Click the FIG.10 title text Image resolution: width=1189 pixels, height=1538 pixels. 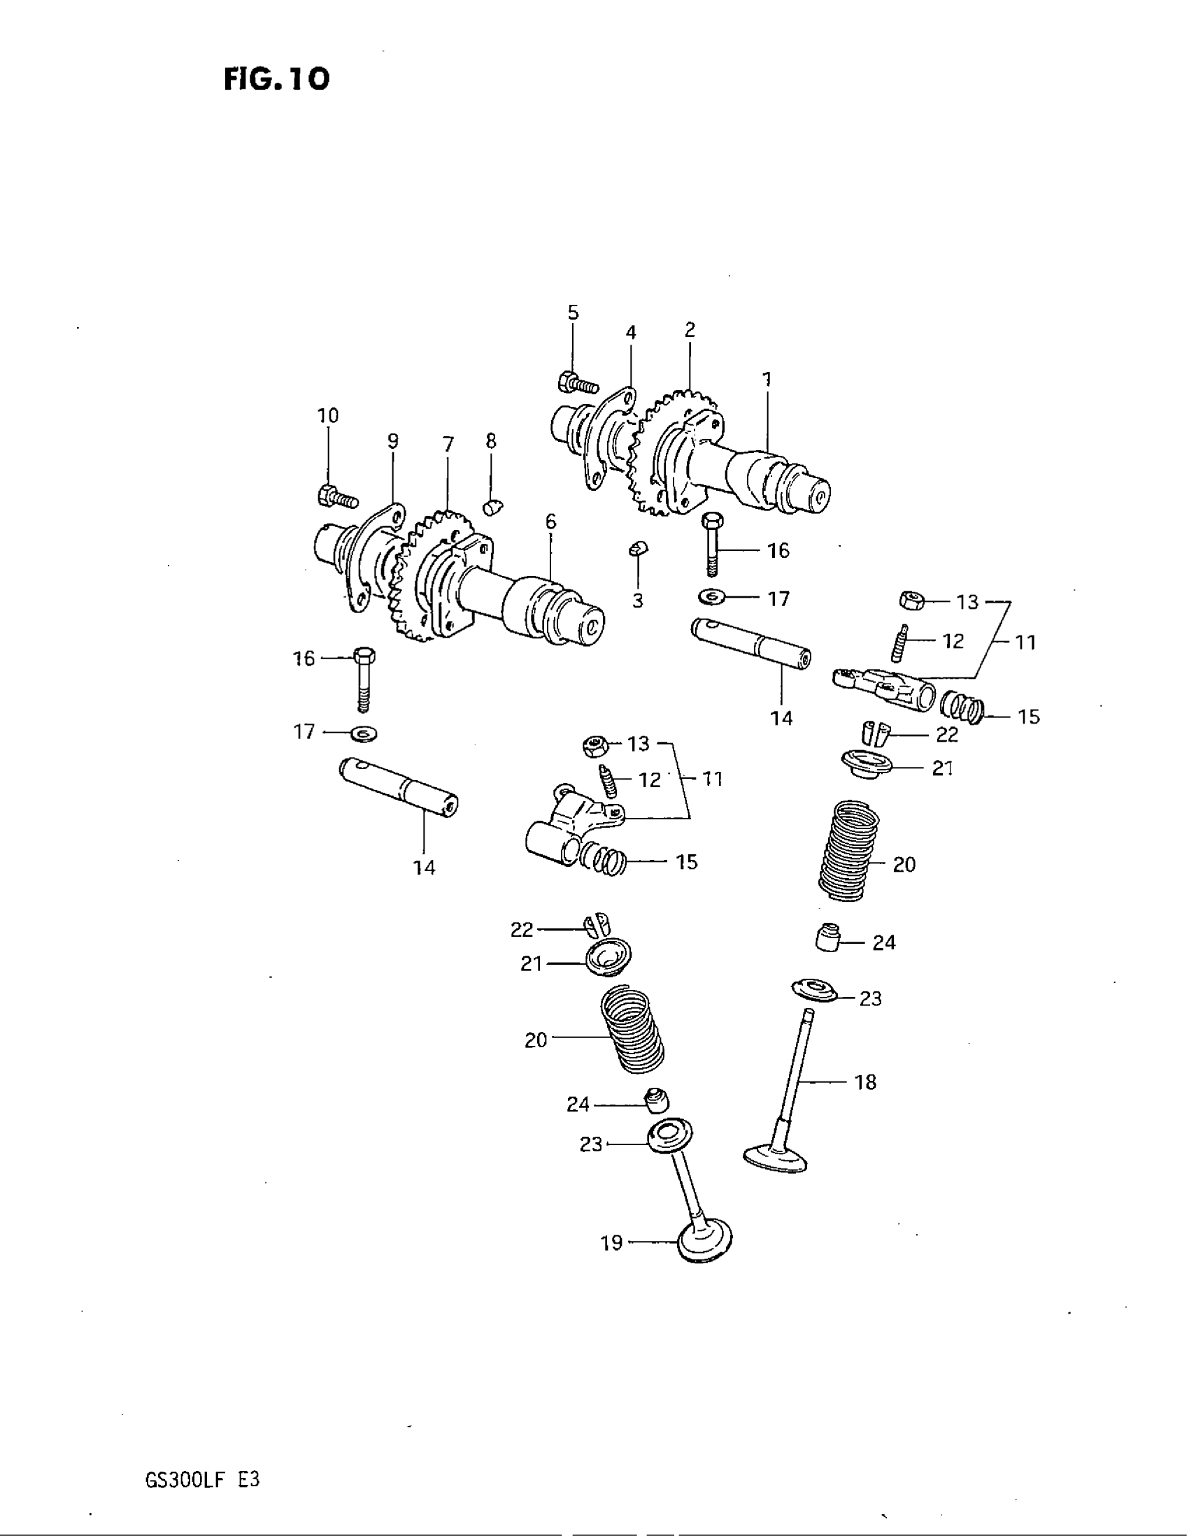point(277,79)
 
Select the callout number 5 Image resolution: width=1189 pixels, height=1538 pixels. point(574,312)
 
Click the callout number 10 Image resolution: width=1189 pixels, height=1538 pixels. point(328,415)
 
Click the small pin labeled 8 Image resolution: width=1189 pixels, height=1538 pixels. point(492,506)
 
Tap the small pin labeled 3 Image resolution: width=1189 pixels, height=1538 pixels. point(638,549)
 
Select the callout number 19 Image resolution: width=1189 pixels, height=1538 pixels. point(611,1244)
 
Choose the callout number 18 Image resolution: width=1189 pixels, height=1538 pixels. point(865,1081)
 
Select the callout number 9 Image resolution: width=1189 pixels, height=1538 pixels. point(393,441)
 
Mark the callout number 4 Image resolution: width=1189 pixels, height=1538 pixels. point(631,332)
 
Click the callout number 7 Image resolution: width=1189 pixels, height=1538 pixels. point(448,445)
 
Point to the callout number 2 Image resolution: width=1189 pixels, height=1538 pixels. point(690,329)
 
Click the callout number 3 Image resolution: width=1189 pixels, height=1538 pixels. point(637,601)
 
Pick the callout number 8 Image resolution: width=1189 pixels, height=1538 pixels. point(491,441)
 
